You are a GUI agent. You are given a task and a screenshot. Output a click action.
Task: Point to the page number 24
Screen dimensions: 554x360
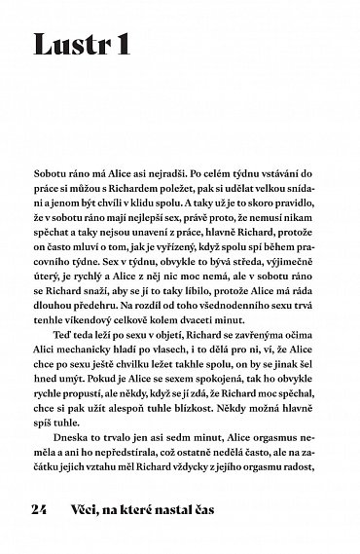pos(40,509)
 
